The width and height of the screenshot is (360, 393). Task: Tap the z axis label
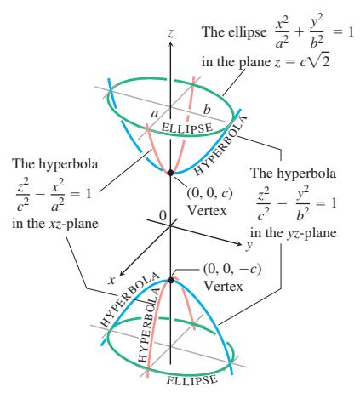click(x=170, y=33)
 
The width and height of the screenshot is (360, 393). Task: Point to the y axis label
click(x=249, y=245)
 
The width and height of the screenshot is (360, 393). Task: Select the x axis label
click(x=111, y=280)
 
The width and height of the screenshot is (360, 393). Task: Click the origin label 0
click(x=163, y=215)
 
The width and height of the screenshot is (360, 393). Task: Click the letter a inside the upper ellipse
click(x=155, y=114)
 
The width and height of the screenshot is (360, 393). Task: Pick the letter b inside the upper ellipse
click(x=207, y=109)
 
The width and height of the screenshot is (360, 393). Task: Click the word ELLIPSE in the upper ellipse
click(x=186, y=128)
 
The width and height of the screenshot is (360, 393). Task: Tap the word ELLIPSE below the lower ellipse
click(x=191, y=380)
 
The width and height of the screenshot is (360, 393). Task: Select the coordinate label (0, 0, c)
click(x=209, y=193)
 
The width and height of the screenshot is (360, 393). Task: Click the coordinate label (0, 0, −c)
click(x=232, y=269)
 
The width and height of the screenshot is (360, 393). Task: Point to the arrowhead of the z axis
click(x=170, y=43)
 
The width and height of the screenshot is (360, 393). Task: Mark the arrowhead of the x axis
click(x=122, y=273)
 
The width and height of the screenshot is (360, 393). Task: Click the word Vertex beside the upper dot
click(x=207, y=211)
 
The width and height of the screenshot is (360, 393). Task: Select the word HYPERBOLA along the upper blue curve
click(x=220, y=145)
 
